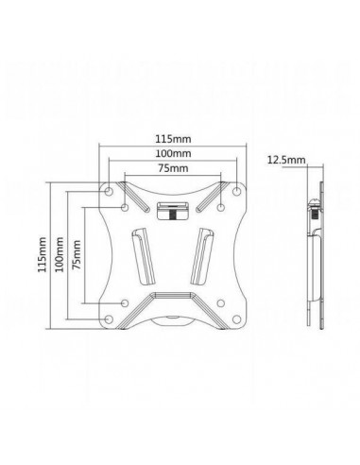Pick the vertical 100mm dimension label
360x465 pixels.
pyautogui.click(x=59, y=253)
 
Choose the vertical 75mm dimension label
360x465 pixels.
pyautogui.click(x=77, y=253)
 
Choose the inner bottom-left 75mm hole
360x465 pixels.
pyautogui.click(x=125, y=301)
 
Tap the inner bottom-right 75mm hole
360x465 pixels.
pyautogui.click(x=218, y=301)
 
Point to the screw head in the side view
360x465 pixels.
pyautogui.click(x=313, y=212)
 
